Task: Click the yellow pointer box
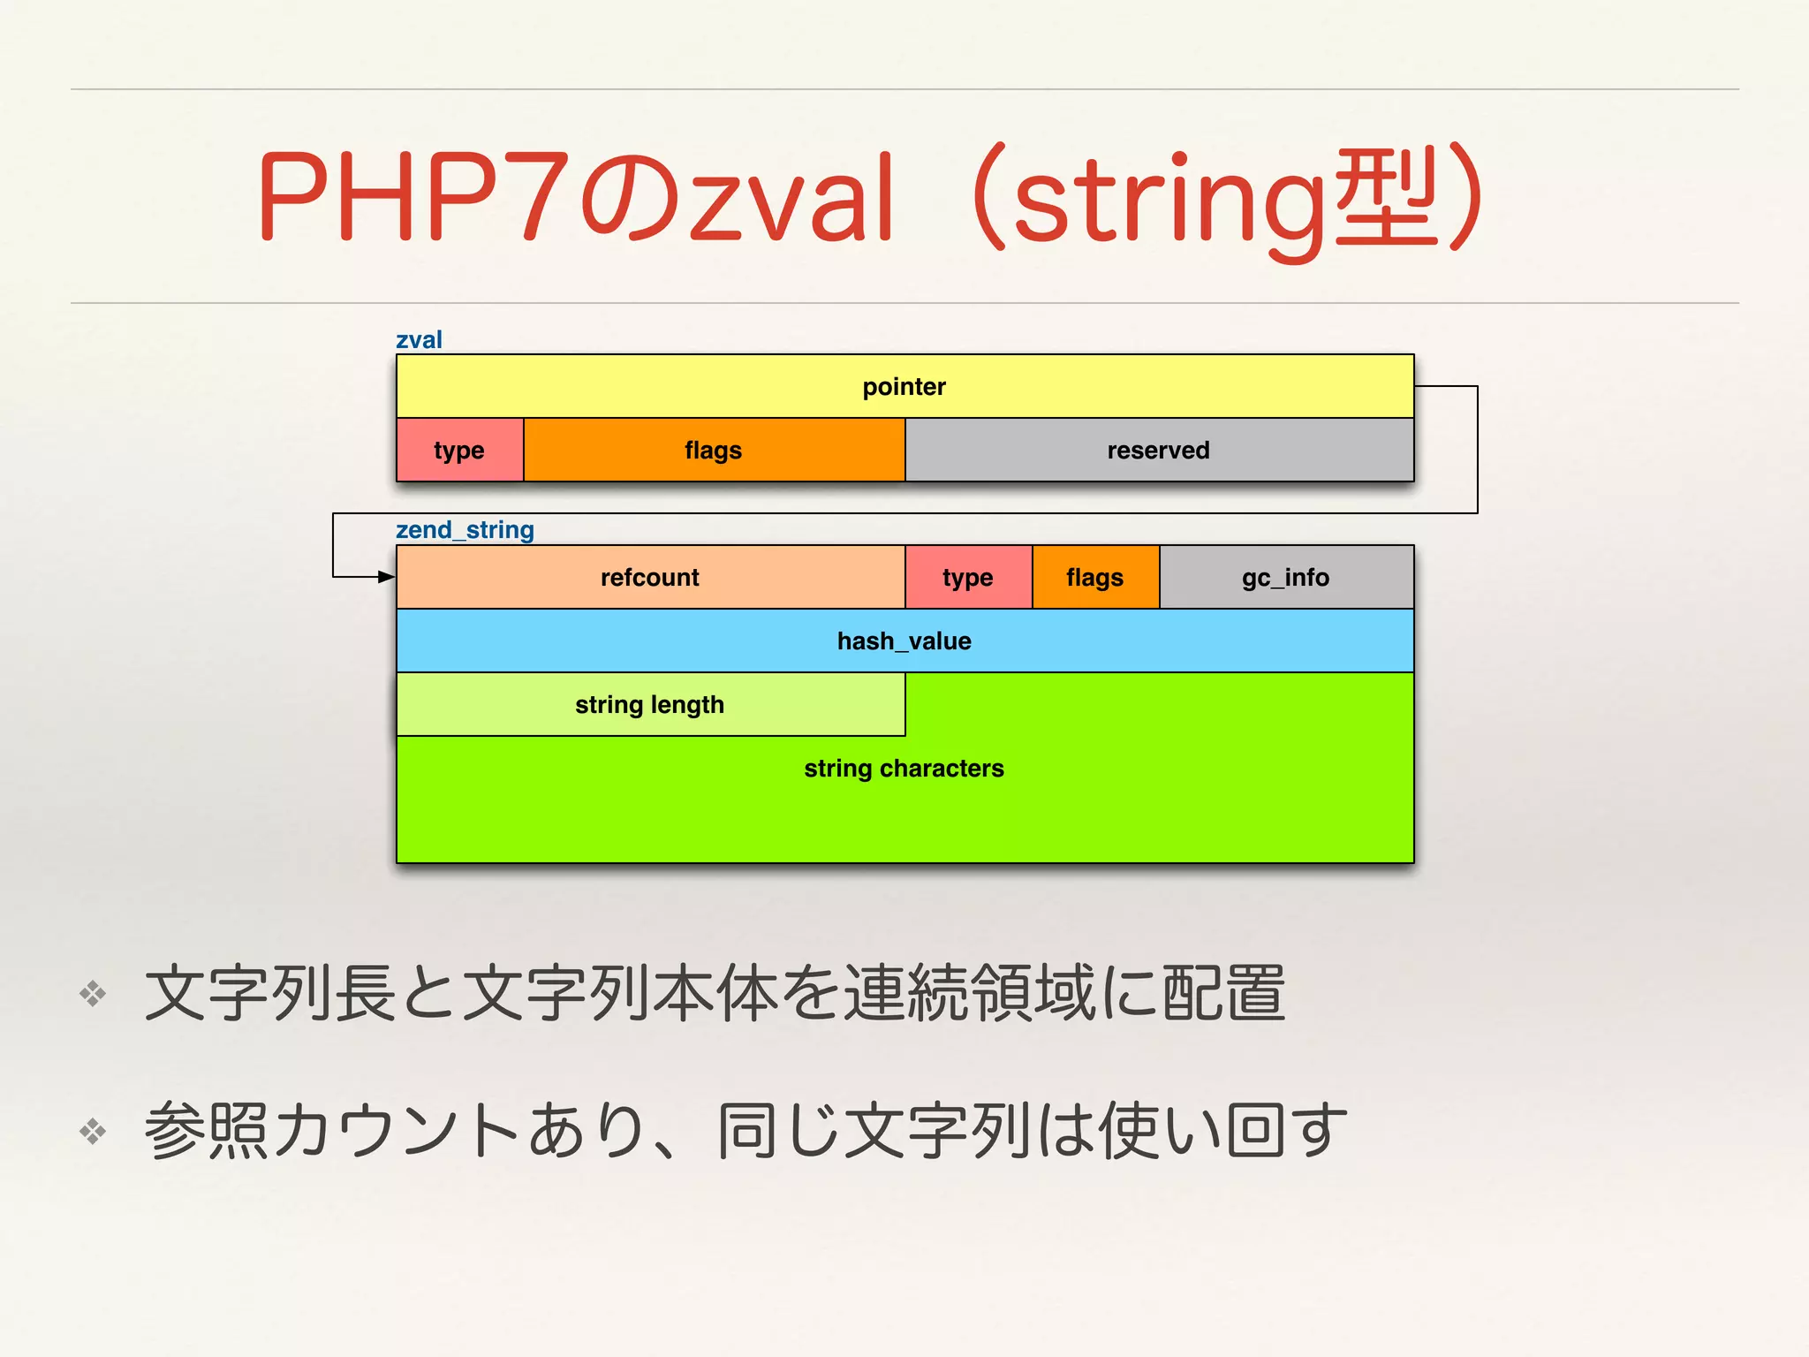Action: pyautogui.click(x=904, y=386)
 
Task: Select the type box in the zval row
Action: pyautogui.click(x=459, y=450)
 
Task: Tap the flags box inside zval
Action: pyautogui.click(x=714, y=450)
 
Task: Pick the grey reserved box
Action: pyautogui.click(x=1159, y=450)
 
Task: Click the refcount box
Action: pyautogui.click(x=650, y=577)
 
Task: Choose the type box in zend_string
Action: pyautogui.click(x=968, y=577)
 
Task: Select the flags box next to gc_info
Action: pyautogui.click(x=1095, y=577)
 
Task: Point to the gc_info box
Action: pyautogui.click(x=1286, y=577)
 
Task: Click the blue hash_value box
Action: pyautogui.click(x=904, y=641)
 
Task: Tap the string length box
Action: pyautogui.click(x=650, y=704)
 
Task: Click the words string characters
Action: pyautogui.click(x=904, y=769)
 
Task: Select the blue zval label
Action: pyautogui.click(x=419, y=340)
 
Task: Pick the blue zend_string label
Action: pyautogui.click(x=465, y=530)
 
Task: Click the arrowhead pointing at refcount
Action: pyautogui.click(x=387, y=577)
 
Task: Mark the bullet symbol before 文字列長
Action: pyautogui.click(x=93, y=994)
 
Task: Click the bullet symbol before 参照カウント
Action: pyautogui.click(x=93, y=1131)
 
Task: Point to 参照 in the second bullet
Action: pyautogui.click(x=206, y=1131)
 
